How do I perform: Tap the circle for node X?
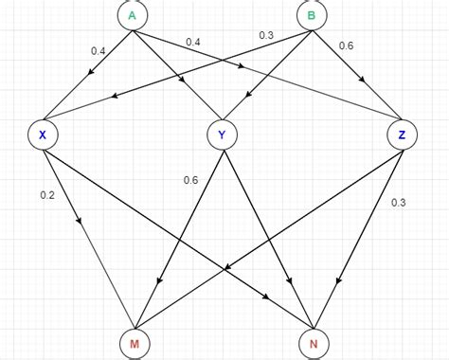[x=43, y=135]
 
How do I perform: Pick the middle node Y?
[x=222, y=135]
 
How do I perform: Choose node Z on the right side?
[x=403, y=135]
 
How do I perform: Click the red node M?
[x=134, y=343]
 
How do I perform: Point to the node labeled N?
[x=313, y=343]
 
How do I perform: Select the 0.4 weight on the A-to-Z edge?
[x=193, y=41]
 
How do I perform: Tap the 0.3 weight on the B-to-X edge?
[x=266, y=35]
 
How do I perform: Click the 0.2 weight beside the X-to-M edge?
[x=47, y=194]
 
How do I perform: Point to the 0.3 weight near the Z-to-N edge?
[x=399, y=201]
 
